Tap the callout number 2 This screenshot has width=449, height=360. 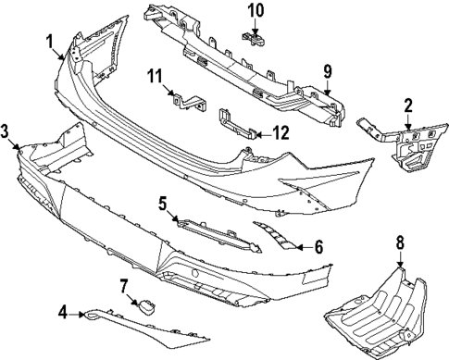[408, 107]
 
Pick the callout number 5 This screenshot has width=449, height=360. [161, 203]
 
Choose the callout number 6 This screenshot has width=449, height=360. [318, 247]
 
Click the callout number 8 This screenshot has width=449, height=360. [401, 246]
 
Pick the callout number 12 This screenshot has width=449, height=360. [280, 133]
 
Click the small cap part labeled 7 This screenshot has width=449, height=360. [146, 306]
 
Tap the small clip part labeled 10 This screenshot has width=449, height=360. [254, 37]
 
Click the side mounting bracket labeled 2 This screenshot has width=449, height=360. [400, 147]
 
